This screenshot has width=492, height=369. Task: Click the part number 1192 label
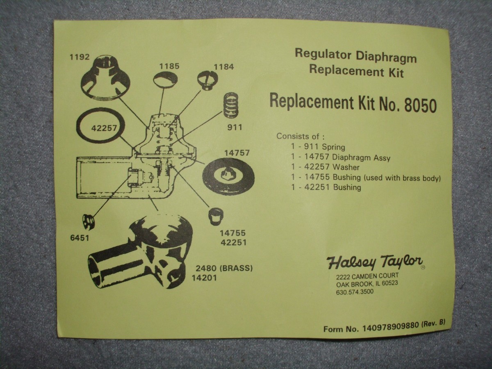(80, 57)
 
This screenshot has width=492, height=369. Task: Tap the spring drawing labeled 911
(231, 105)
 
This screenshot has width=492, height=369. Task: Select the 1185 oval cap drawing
(165, 80)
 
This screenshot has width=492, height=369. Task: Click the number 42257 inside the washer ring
(104, 128)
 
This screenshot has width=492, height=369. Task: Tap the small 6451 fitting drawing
(88, 222)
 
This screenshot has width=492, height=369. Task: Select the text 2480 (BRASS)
(224, 268)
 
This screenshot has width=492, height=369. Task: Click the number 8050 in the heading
(421, 106)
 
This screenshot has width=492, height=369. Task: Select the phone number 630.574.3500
(355, 292)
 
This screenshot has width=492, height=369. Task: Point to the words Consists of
(301, 136)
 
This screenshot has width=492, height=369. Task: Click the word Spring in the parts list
(333, 147)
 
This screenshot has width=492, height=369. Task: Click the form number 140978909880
(390, 326)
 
